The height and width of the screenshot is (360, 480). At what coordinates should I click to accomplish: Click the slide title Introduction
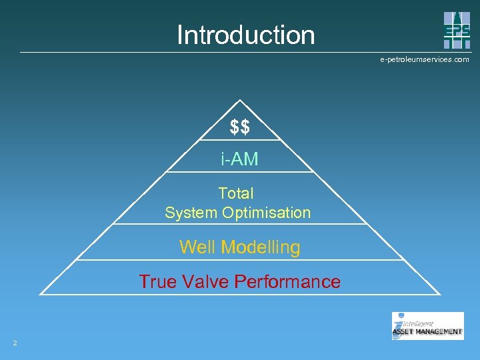pyautogui.click(x=245, y=35)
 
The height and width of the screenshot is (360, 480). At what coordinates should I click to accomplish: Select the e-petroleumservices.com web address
pyautogui.click(x=424, y=60)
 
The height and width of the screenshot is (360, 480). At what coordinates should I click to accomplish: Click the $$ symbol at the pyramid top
pyautogui.click(x=240, y=127)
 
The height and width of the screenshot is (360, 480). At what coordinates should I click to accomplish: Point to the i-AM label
pyautogui.click(x=240, y=159)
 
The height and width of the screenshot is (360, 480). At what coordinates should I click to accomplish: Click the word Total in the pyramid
pyautogui.click(x=236, y=193)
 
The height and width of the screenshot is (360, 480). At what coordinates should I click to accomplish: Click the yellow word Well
pyautogui.click(x=197, y=247)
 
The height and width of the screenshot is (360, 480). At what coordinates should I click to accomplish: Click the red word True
pyautogui.click(x=157, y=281)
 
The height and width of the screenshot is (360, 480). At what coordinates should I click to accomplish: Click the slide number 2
pyautogui.click(x=15, y=343)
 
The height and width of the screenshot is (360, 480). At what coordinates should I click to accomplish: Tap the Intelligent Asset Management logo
pyautogui.click(x=427, y=326)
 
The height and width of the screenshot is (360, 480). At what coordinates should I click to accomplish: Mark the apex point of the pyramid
pyautogui.click(x=240, y=101)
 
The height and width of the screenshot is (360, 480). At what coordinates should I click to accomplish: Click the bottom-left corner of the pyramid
pyautogui.click(x=41, y=294)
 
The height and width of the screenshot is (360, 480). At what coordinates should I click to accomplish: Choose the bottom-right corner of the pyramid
pyautogui.click(x=440, y=294)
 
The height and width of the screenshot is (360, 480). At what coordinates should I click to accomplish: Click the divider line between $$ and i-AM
pyautogui.click(x=240, y=140)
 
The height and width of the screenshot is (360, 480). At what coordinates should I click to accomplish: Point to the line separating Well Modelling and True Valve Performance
pyautogui.click(x=240, y=260)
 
